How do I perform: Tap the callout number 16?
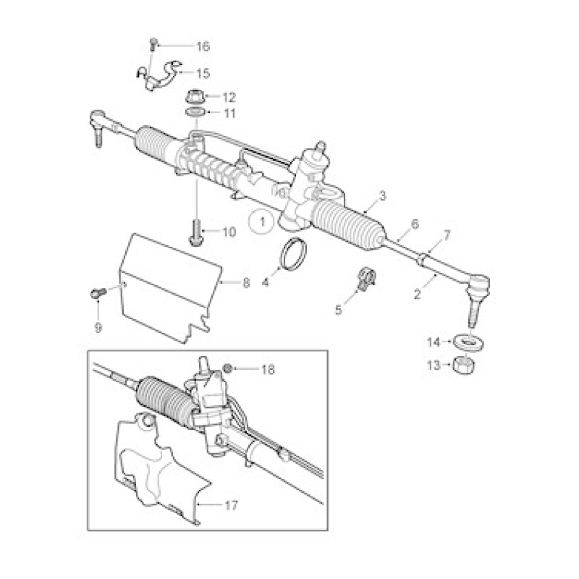pos(203,47)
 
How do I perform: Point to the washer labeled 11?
pos(195,111)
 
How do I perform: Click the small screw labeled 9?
pos(98,293)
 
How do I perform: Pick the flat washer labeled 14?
pos(468,342)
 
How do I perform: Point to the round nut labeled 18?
pos(227,368)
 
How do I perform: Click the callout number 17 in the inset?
pos(231,504)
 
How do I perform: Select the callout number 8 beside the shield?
pos(246,283)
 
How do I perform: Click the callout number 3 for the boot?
pos(382,195)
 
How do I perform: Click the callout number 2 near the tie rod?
pos(418,295)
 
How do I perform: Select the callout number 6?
pos(415,224)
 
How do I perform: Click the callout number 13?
pos(434,365)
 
